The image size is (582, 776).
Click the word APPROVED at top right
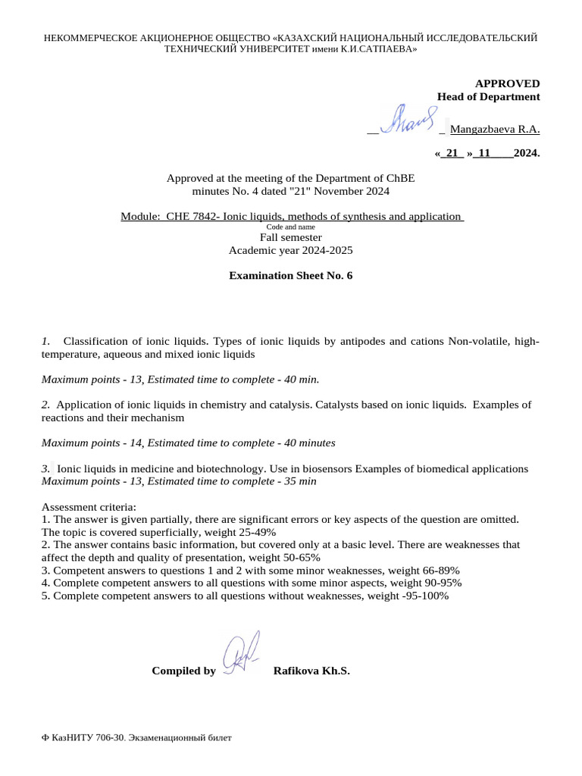click(x=507, y=83)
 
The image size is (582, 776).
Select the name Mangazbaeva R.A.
click(x=495, y=129)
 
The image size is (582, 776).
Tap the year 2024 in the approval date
click(x=526, y=153)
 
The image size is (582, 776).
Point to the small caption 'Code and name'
click(x=291, y=227)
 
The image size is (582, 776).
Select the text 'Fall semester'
click(x=291, y=237)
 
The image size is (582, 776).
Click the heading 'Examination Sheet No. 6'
click(x=291, y=276)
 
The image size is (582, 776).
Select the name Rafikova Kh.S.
click(x=311, y=671)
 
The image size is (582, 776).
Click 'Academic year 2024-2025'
click(x=291, y=250)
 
